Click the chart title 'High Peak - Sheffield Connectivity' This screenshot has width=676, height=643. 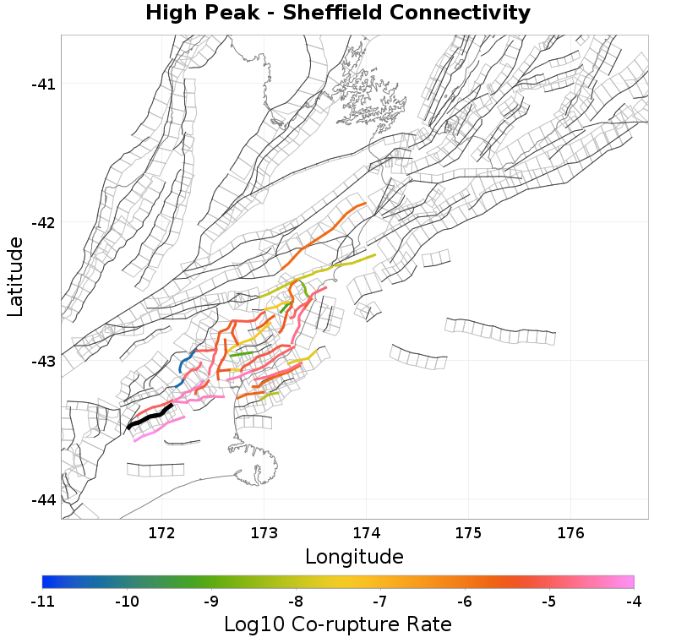(x=337, y=14)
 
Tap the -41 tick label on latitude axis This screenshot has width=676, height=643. (x=43, y=84)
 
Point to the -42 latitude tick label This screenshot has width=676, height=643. (x=43, y=222)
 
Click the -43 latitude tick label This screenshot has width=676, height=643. (x=43, y=362)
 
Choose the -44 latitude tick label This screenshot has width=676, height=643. (x=43, y=500)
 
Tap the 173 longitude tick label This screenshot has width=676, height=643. (x=264, y=533)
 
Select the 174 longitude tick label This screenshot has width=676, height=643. (x=366, y=533)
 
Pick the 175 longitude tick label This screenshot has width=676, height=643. (x=468, y=533)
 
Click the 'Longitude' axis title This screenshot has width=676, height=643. (x=354, y=557)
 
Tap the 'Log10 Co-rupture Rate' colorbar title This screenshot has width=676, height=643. (x=337, y=624)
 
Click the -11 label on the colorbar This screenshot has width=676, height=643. (x=42, y=602)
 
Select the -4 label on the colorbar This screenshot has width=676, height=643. (x=634, y=602)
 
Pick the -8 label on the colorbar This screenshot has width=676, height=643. (x=296, y=602)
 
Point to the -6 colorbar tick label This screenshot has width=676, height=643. (x=465, y=602)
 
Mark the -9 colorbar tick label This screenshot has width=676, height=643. (x=211, y=602)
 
